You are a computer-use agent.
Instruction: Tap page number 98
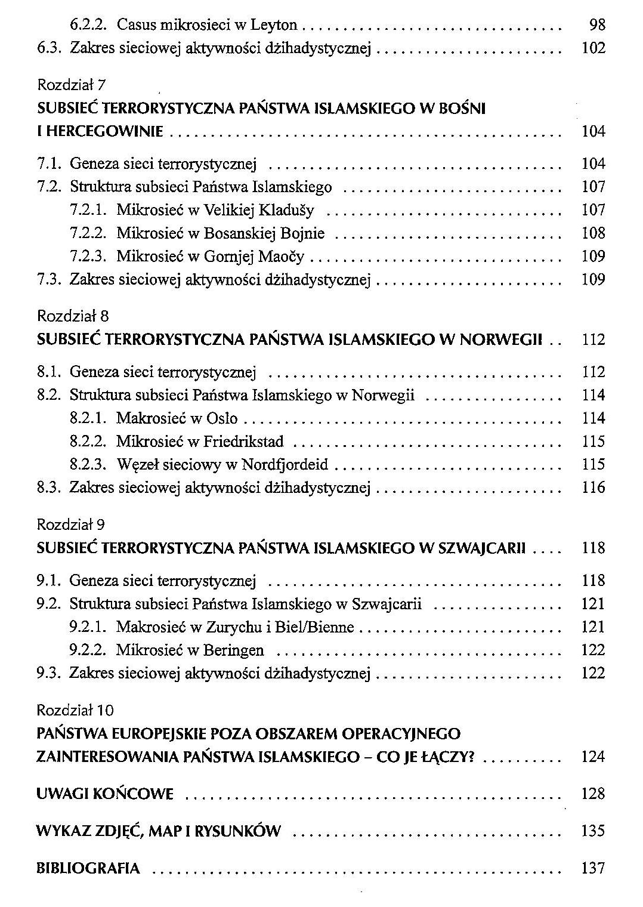click(x=596, y=25)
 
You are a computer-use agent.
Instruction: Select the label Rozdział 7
click(x=71, y=85)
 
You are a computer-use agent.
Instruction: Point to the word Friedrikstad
click(x=243, y=442)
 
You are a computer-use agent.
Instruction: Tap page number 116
click(x=593, y=488)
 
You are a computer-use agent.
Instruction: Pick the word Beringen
click(x=233, y=650)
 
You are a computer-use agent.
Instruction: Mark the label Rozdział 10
click(x=75, y=711)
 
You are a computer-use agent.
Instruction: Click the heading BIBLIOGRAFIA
click(x=88, y=868)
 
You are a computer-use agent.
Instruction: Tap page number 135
click(x=593, y=831)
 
